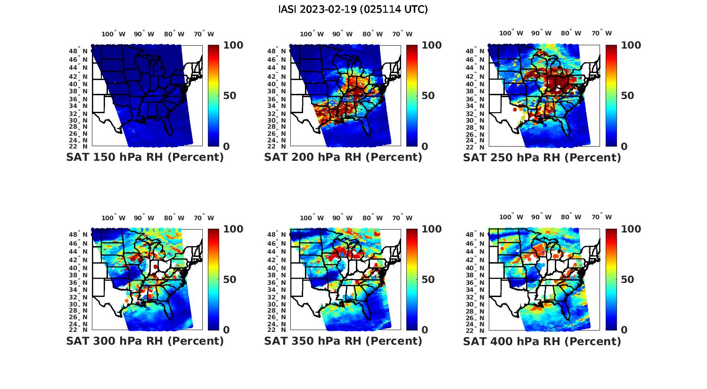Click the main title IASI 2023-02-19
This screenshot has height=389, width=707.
coord(353,9)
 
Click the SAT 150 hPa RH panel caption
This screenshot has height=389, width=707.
coord(145,157)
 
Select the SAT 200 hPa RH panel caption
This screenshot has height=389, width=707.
coord(343,157)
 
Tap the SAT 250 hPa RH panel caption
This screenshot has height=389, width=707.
coord(542,157)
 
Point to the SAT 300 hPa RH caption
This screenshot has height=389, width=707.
coord(145,341)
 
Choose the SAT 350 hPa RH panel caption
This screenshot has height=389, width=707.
coord(343,341)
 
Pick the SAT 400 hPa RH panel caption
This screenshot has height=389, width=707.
coord(542,341)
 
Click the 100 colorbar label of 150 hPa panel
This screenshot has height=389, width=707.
coord(233,45)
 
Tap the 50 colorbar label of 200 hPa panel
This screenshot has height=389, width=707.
coord(427,96)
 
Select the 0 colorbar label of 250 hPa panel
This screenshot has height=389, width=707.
coord(624,146)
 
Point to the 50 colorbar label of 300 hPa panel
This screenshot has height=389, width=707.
coord(229,280)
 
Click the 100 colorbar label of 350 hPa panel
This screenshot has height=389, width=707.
coord(431,229)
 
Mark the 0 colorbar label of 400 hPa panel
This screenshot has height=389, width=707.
coord(624,330)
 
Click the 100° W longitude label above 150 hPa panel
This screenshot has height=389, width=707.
coord(114,34)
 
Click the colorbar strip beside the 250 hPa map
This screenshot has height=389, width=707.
coord(611,96)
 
